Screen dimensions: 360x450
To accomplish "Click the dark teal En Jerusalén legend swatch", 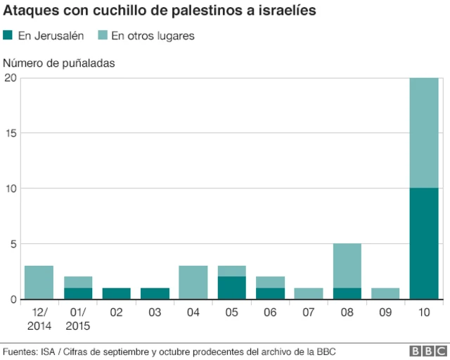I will click(8, 35).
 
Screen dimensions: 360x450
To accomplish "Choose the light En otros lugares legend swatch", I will click(102, 35).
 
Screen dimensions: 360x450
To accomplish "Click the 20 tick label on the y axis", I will click(10, 78).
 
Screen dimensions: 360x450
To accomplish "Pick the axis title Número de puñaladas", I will click(60, 63).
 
